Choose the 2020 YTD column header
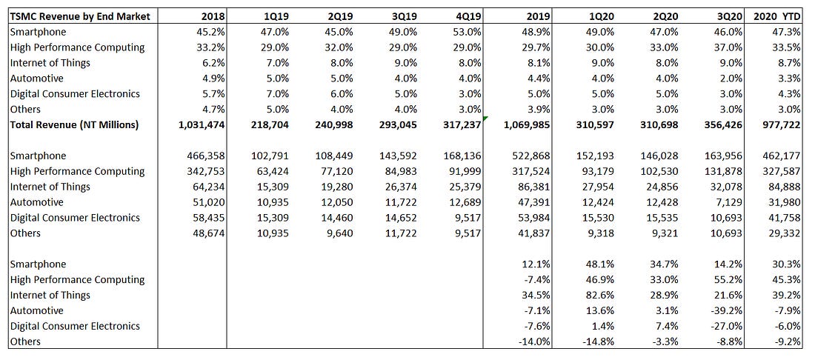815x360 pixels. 777,16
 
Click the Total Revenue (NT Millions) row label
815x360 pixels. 74,124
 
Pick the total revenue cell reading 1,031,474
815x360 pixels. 201,124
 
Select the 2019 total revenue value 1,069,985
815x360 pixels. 525,124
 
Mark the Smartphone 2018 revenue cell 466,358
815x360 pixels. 206,156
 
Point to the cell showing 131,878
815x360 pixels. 723,171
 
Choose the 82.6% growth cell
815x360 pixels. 599,295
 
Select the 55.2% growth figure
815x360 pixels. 728,279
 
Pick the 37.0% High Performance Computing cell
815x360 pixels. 728,47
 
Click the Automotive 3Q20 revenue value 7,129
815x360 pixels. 729,202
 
